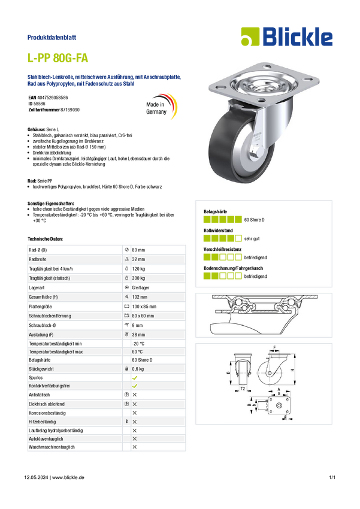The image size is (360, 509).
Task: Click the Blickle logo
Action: (x=287, y=37)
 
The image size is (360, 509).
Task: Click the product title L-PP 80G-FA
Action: (x=58, y=58)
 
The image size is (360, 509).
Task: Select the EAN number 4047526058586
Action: (x=53, y=98)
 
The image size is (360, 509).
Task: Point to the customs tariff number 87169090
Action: (x=70, y=110)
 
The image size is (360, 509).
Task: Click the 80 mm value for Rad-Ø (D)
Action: (x=138, y=250)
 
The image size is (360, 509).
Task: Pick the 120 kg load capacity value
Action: (x=138, y=269)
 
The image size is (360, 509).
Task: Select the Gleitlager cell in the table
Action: (x=141, y=287)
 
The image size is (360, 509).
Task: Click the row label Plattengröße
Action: (x=40, y=307)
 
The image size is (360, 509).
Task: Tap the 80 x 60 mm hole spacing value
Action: (x=143, y=316)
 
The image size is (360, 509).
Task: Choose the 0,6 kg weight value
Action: (x=138, y=369)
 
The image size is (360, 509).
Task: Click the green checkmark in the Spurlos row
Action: (x=135, y=378)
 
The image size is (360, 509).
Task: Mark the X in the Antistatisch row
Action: (x=135, y=395)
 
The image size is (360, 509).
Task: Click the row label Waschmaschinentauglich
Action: (x=52, y=447)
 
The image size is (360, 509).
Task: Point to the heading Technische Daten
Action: (x=45, y=239)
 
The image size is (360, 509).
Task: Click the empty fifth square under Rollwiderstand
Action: (x=238, y=238)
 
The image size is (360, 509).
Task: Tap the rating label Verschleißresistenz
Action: (x=223, y=249)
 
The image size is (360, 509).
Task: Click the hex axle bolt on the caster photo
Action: (x=256, y=152)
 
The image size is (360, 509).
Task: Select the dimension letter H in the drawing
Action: (x=292, y=371)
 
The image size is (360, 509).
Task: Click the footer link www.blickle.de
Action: (x=68, y=477)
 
